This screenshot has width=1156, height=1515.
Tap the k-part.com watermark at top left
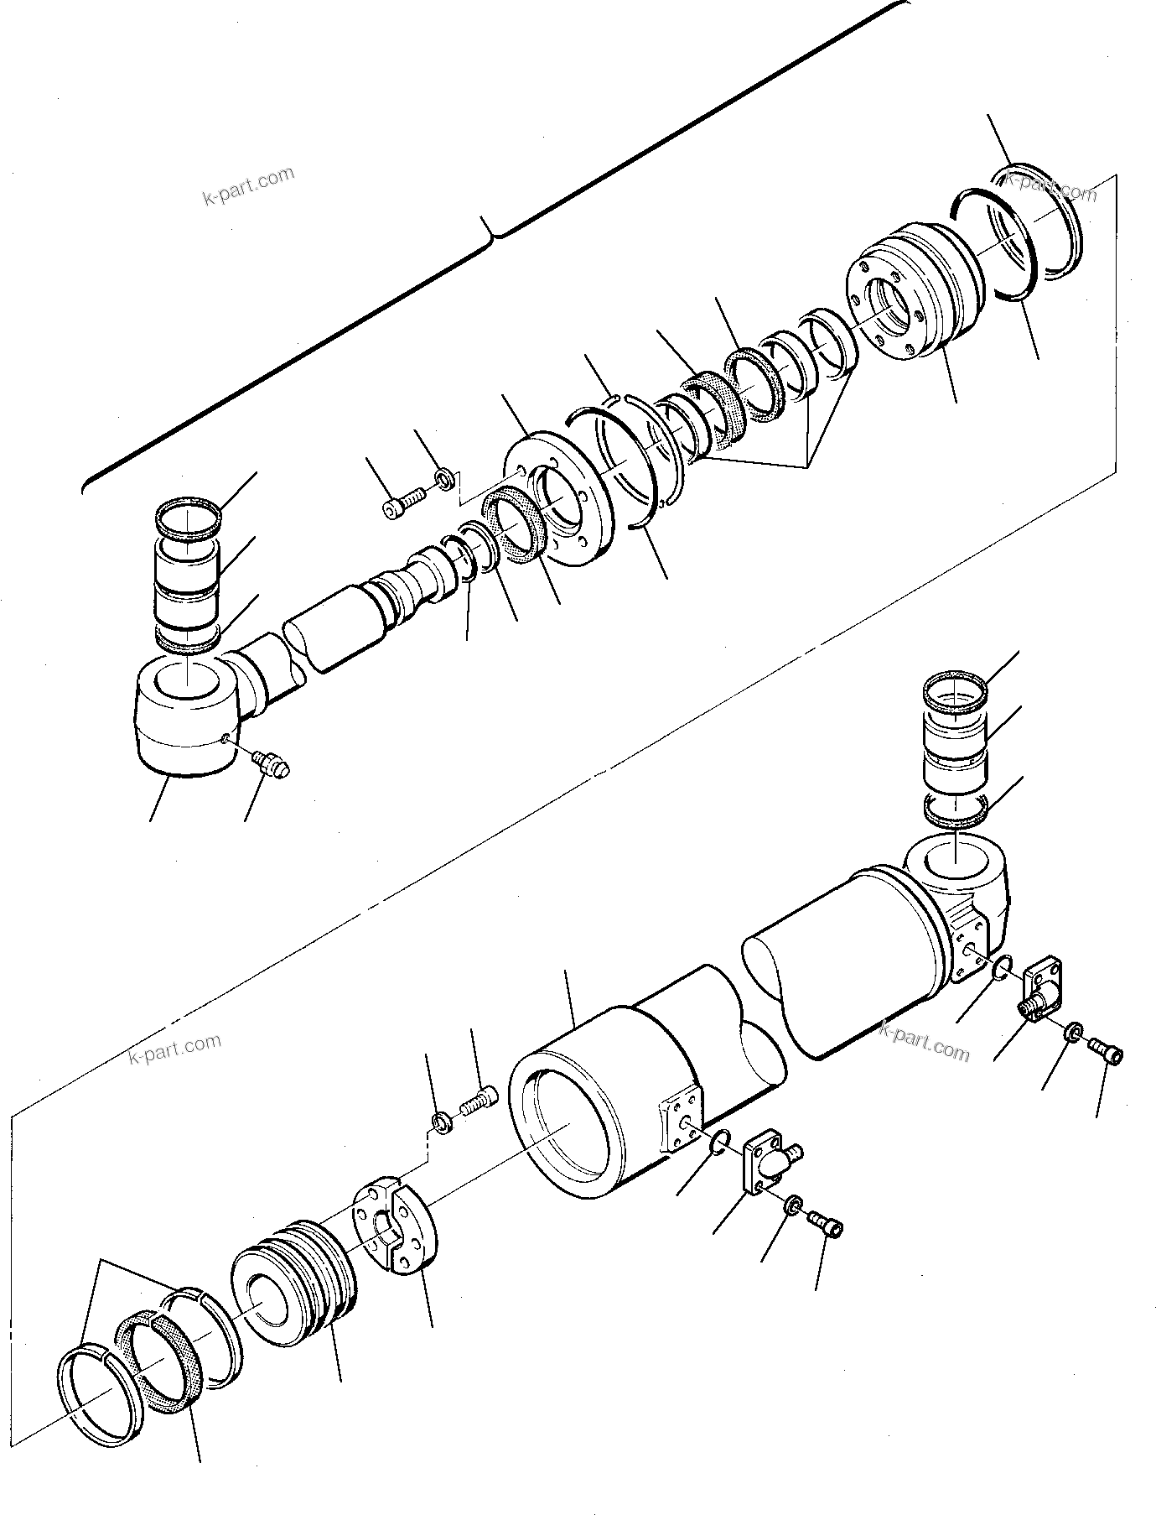[249, 186]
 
